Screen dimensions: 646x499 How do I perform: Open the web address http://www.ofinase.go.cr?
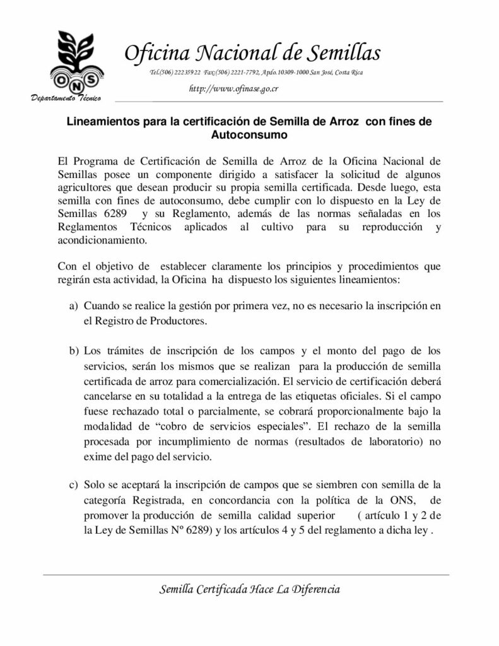[x=234, y=88]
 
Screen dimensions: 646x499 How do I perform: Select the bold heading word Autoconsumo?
[x=249, y=134]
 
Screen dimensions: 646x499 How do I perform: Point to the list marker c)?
[x=73, y=484]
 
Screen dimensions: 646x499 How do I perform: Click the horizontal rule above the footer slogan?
[x=246, y=575]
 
